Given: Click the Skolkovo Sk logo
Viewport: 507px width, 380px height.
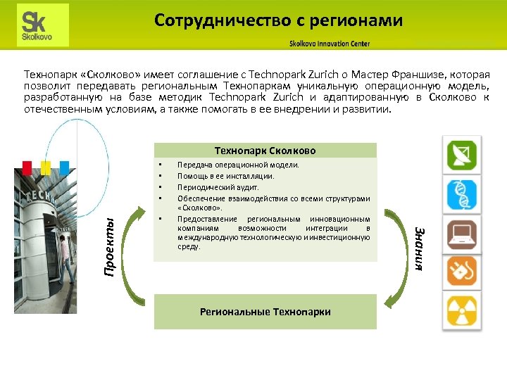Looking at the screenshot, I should click(43, 25).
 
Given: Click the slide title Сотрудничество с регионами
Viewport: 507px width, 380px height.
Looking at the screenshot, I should click(278, 20).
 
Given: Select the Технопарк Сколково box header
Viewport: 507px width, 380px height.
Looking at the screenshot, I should click(265, 151).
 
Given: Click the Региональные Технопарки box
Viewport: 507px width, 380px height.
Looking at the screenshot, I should click(265, 312).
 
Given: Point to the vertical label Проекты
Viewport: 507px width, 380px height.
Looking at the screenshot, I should click(109, 246).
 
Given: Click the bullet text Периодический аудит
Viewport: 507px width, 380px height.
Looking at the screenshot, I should click(218, 188).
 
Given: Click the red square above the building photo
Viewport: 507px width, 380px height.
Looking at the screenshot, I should click(27, 166).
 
